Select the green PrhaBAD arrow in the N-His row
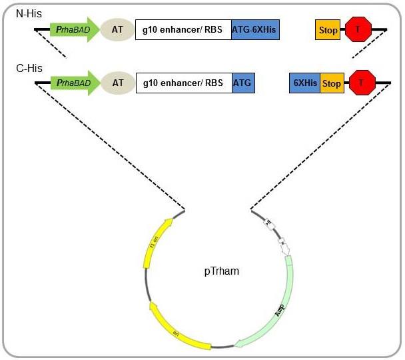point(75,29)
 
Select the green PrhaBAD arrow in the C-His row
point(75,83)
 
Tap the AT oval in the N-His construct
point(118,29)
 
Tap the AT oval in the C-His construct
point(118,83)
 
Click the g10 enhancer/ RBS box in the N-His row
point(183,29)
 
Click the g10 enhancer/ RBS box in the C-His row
point(183,83)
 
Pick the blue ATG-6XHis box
point(255,29)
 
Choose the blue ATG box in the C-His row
point(243,83)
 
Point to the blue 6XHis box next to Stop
point(305,83)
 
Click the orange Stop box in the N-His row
point(328,29)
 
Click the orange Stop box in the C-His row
point(332,83)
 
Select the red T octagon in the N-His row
point(358,29)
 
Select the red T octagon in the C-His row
point(362,83)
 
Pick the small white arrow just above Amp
point(285,248)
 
